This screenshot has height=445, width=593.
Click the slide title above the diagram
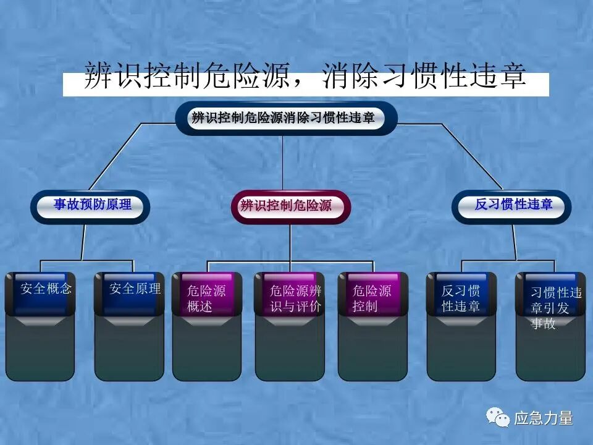pos(305,77)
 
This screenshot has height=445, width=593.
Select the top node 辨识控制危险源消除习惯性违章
pos(284,118)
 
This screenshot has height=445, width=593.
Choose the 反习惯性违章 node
pos(513,205)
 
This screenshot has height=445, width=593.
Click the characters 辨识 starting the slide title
pos(103,77)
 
